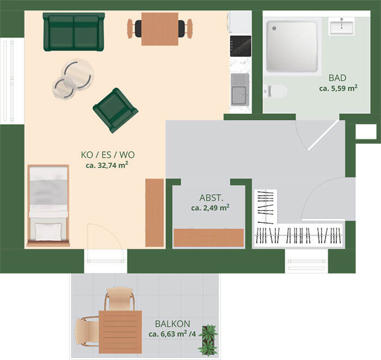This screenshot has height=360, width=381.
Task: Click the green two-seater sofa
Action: (73, 32)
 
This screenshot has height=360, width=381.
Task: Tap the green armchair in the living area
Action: (115, 111)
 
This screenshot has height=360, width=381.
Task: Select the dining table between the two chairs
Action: (160, 29)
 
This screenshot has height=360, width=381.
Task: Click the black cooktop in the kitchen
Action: (241, 46)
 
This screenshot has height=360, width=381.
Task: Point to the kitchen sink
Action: (240, 89)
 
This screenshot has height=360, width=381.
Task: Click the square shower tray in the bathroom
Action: (292, 47)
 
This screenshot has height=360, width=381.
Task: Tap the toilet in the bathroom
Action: (276, 91)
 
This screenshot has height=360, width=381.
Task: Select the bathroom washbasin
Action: (341, 26)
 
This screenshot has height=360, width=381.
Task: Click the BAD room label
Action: (337, 78)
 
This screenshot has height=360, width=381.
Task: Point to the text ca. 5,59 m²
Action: (338, 88)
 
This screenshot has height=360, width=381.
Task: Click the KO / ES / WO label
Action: (108, 155)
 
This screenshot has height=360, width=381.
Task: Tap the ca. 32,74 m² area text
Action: (107, 165)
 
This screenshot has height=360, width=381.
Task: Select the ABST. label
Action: (211, 198)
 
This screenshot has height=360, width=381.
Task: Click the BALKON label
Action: (173, 324)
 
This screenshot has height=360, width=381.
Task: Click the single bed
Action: (48, 206)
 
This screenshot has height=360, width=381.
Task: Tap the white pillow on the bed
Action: (48, 232)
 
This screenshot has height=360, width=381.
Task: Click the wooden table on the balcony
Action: (120, 332)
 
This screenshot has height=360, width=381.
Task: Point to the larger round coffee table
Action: (78, 75)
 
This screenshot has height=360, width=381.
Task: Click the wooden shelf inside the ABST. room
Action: (208, 238)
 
